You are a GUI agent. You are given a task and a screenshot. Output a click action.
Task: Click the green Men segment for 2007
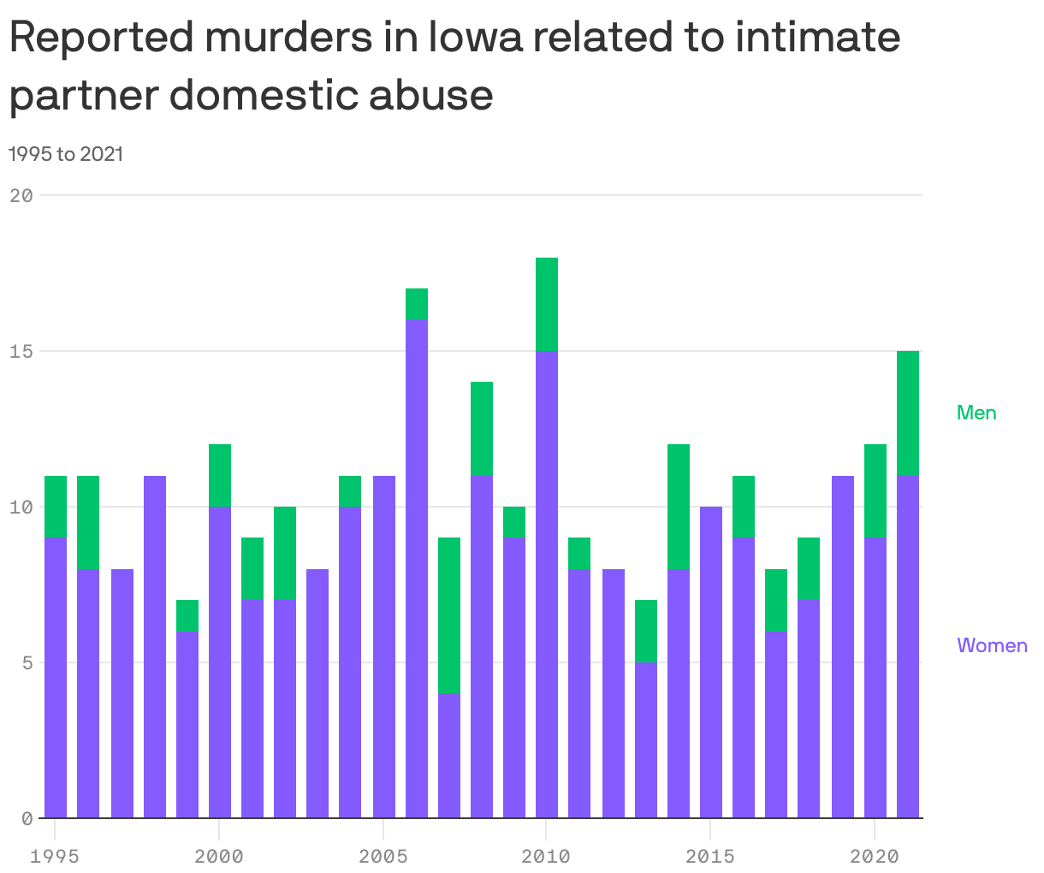click(x=449, y=615)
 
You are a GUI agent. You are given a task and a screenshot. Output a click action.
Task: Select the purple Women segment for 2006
click(x=417, y=568)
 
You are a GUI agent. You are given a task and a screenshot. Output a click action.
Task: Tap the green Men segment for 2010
click(x=547, y=304)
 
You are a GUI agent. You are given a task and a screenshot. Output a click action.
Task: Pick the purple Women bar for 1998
click(x=155, y=646)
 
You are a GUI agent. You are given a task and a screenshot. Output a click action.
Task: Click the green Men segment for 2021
click(x=908, y=413)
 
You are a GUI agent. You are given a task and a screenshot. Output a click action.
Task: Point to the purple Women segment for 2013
click(x=646, y=739)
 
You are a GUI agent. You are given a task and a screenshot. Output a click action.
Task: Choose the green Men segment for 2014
click(x=679, y=507)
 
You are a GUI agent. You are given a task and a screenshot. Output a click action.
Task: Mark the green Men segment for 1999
click(x=187, y=615)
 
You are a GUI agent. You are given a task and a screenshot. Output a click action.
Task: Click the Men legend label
click(x=976, y=413)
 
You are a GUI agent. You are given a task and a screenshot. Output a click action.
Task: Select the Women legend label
click(x=992, y=645)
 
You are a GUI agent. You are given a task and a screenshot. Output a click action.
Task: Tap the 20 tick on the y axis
click(x=22, y=195)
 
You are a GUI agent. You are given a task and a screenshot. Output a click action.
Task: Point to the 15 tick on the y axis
click(x=22, y=351)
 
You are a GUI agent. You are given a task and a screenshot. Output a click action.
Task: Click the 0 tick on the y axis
click(x=27, y=818)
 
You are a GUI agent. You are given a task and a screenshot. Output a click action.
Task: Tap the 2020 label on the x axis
click(x=874, y=856)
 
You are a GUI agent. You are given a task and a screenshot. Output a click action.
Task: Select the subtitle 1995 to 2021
click(x=66, y=154)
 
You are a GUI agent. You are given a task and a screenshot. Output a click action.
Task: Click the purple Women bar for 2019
click(x=843, y=646)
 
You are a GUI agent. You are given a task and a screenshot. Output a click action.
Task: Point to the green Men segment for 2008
click(x=482, y=428)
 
